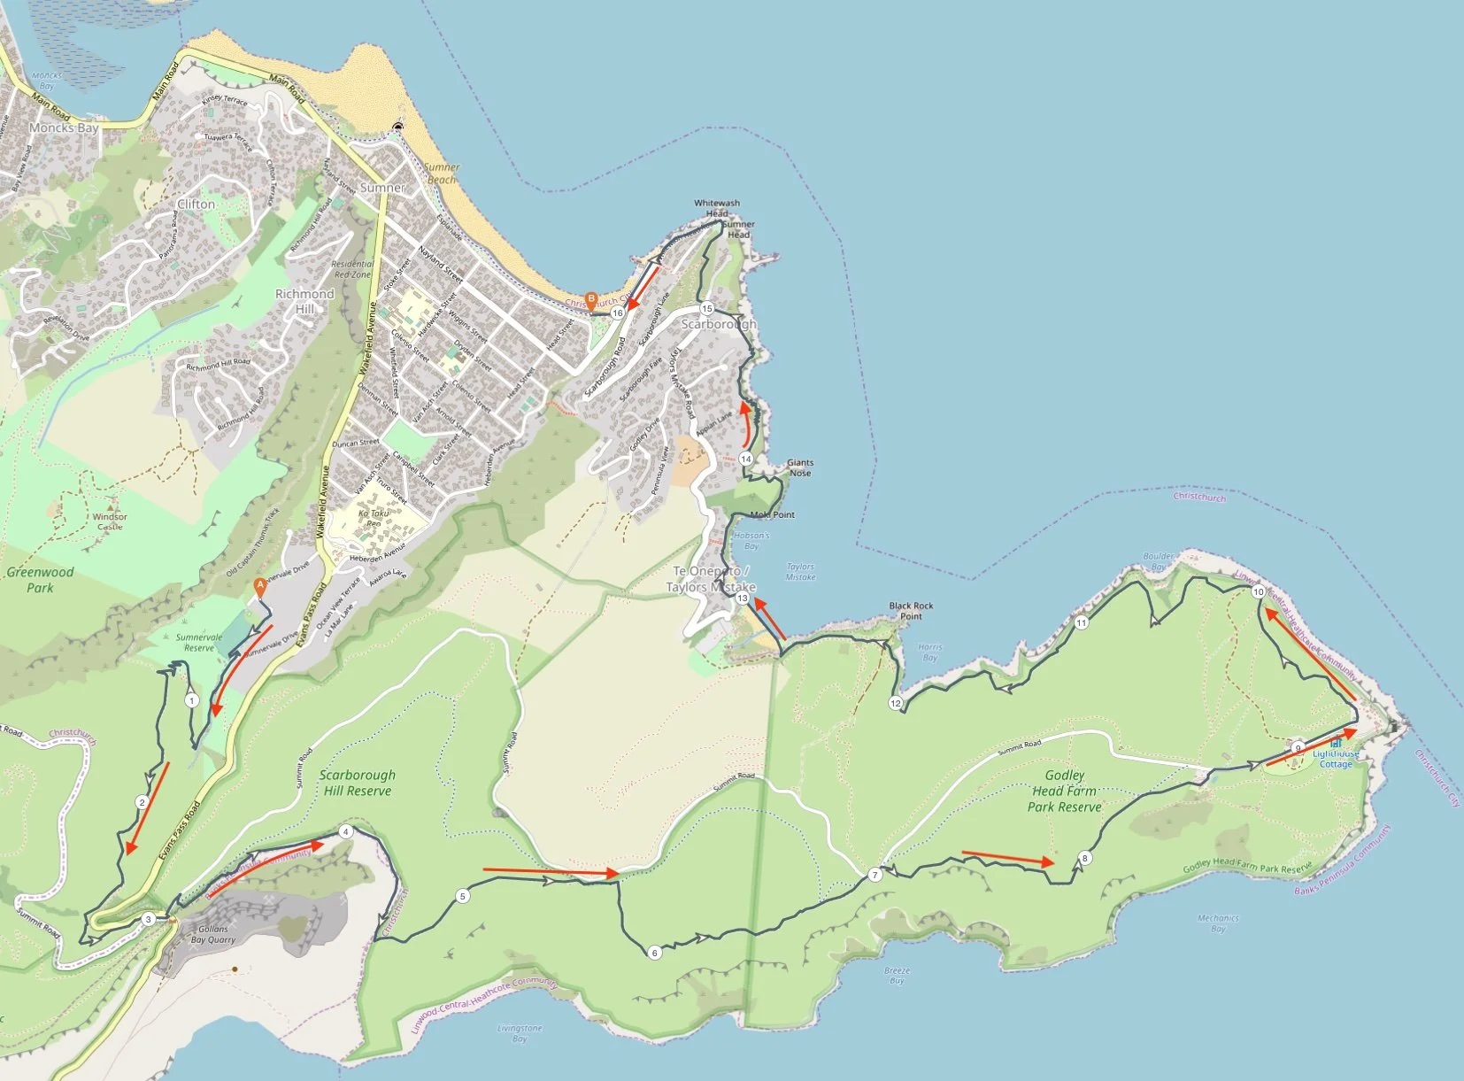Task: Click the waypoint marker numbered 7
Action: pyautogui.click(x=875, y=875)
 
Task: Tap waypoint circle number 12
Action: pyautogui.click(x=895, y=703)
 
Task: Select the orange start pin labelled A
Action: pyautogui.click(x=259, y=585)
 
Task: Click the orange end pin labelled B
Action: pyautogui.click(x=591, y=299)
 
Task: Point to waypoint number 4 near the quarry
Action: pyautogui.click(x=345, y=831)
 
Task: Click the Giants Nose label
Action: pyautogui.click(x=800, y=467)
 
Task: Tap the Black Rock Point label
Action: pyautogui.click(x=911, y=611)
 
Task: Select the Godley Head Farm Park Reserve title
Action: pyautogui.click(x=1065, y=791)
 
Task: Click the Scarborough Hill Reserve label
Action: pyautogui.click(x=358, y=783)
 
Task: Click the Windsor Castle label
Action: pyautogui.click(x=110, y=521)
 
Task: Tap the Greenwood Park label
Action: pyautogui.click(x=40, y=579)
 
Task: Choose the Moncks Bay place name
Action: pyautogui.click(x=64, y=127)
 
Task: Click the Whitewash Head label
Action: pyautogui.click(x=717, y=208)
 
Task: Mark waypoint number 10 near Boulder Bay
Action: pyautogui.click(x=1259, y=591)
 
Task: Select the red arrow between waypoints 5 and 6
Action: pyautogui.click(x=550, y=872)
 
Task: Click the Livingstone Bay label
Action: pyautogui.click(x=520, y=1033)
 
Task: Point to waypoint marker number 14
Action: pyautogui.click(x=746, y=459)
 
